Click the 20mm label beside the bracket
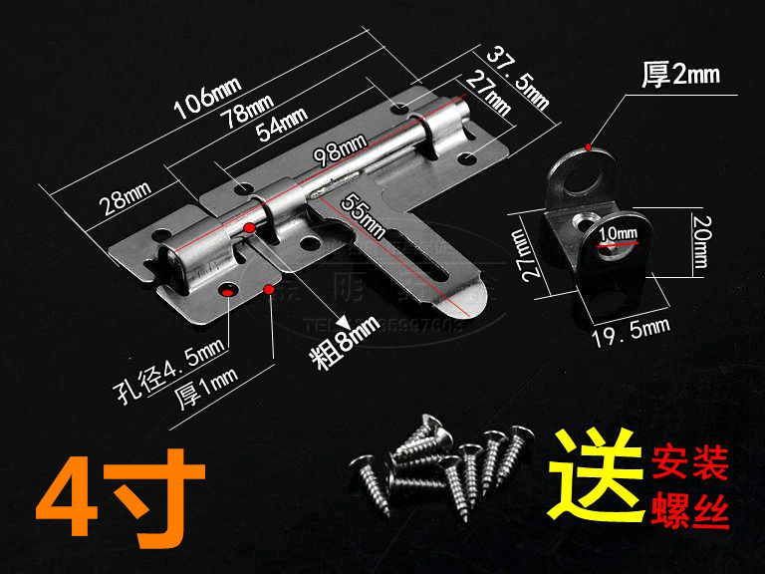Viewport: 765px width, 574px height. point(698,243)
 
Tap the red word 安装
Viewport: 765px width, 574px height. point(690,461)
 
